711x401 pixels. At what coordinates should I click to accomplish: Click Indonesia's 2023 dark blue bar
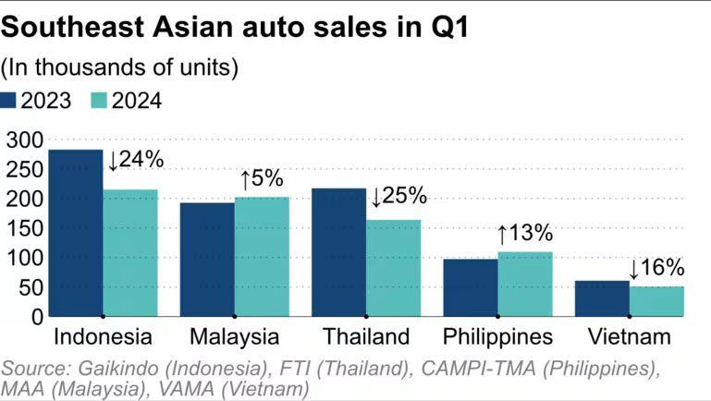click(75, 233)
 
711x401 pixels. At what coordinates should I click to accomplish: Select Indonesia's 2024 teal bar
click(129, 253)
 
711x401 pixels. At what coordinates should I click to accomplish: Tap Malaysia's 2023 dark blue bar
click(207, 260)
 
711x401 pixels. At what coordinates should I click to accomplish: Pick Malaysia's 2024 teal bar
click(262, 257)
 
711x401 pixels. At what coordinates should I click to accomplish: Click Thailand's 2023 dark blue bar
click(338, 252)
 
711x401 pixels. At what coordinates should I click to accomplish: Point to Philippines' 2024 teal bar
click(524, 284)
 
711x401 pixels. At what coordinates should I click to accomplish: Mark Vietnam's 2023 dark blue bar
click(602, 298)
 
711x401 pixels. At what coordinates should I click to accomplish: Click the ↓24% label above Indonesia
click(135, 159)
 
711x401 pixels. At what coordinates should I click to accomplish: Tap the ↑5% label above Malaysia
click(261, 178)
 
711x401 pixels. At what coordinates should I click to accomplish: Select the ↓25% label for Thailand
click(398, 196)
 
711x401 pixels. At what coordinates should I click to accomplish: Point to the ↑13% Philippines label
click(524, 232)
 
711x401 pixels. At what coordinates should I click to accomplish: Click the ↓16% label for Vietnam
click(656, 269)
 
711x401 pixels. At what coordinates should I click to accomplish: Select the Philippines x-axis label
click(497, 336)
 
